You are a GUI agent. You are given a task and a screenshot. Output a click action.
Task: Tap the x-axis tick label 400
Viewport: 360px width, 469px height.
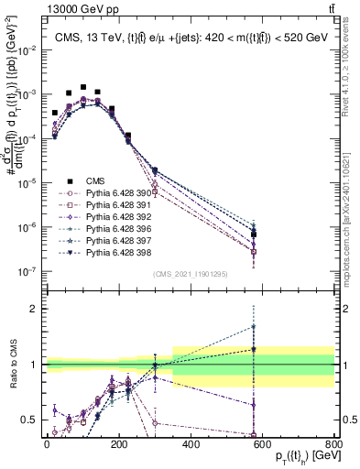point(191,442)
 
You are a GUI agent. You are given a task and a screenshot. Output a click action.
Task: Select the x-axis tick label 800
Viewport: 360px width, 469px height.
point(333,442)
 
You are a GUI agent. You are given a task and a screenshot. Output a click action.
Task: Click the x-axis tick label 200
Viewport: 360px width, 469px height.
point(118,442)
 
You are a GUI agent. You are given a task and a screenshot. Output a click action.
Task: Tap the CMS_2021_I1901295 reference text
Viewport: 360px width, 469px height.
point(190,275)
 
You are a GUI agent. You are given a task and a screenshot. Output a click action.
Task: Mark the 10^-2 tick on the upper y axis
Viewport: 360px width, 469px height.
point(27,49)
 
